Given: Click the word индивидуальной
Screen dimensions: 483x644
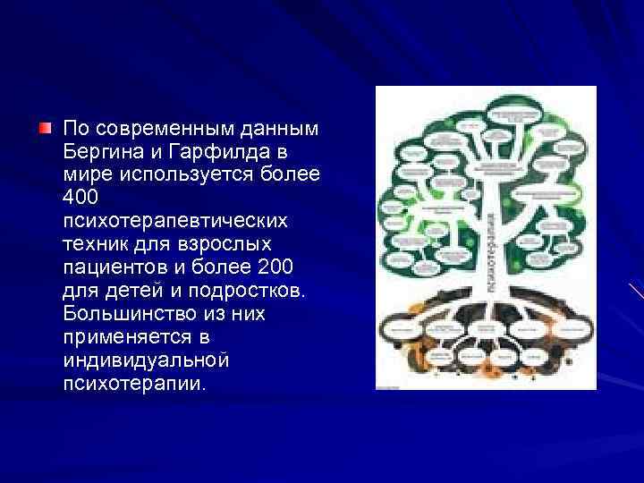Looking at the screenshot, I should point(147,360).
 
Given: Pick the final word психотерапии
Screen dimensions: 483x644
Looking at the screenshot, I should point(134,385).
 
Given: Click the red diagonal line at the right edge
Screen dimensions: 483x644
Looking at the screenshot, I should point(636,292).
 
